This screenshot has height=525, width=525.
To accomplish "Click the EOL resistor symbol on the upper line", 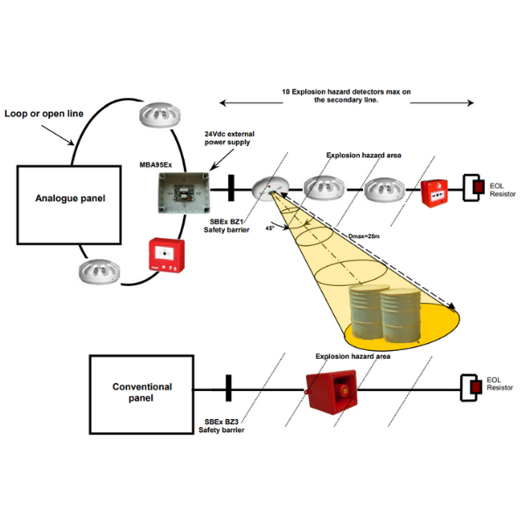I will (x=474, y=186).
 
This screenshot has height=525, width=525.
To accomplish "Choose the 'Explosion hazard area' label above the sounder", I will (x=353, y=357).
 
